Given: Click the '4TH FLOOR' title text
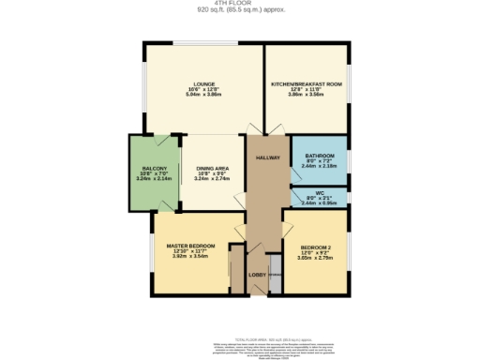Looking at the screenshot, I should (239, 4).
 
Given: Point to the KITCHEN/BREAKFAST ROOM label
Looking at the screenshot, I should (306, 83).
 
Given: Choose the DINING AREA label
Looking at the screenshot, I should (214, 168).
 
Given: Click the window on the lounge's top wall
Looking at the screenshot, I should (202, 43).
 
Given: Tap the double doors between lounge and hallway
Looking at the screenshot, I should (255, 132).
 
